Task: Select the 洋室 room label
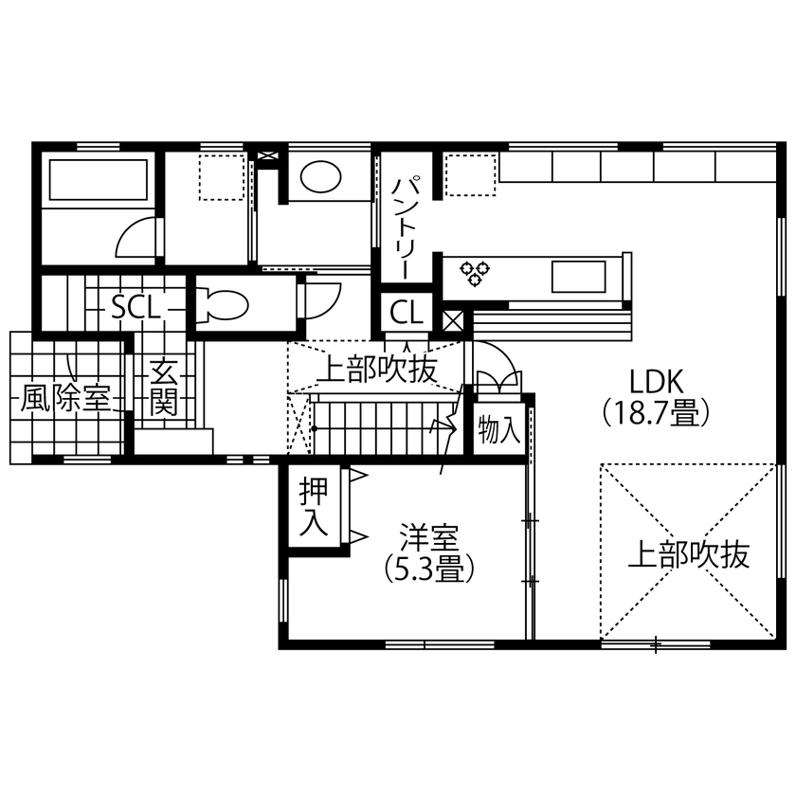tap(428, 537)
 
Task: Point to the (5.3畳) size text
tap(428, 569)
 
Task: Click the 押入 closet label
tap(313, 507)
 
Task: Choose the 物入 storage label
tap(498, 431)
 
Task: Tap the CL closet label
tap(407, 312)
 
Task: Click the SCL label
tap(135, 308)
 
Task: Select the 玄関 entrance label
tap(164, 389)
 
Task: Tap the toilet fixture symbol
tap(222, 304)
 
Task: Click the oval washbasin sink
tap(320, 176)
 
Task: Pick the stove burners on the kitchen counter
tap(477, 273)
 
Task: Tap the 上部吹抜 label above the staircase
tap(376, 370)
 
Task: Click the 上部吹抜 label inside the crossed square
tap(689, 554)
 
